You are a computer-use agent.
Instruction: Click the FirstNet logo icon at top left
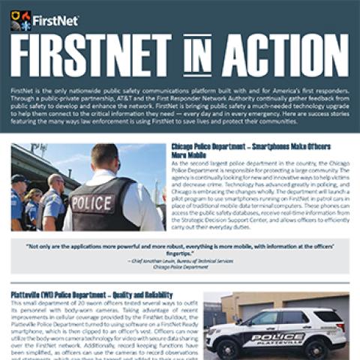click(19, 19)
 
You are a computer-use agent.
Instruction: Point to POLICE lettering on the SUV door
click(269, 337)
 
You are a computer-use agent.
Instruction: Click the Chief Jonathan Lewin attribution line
click(180, 260)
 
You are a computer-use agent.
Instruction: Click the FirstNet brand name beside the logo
click(52, 16)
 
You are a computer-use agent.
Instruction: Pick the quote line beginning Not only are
click(180, 245)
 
